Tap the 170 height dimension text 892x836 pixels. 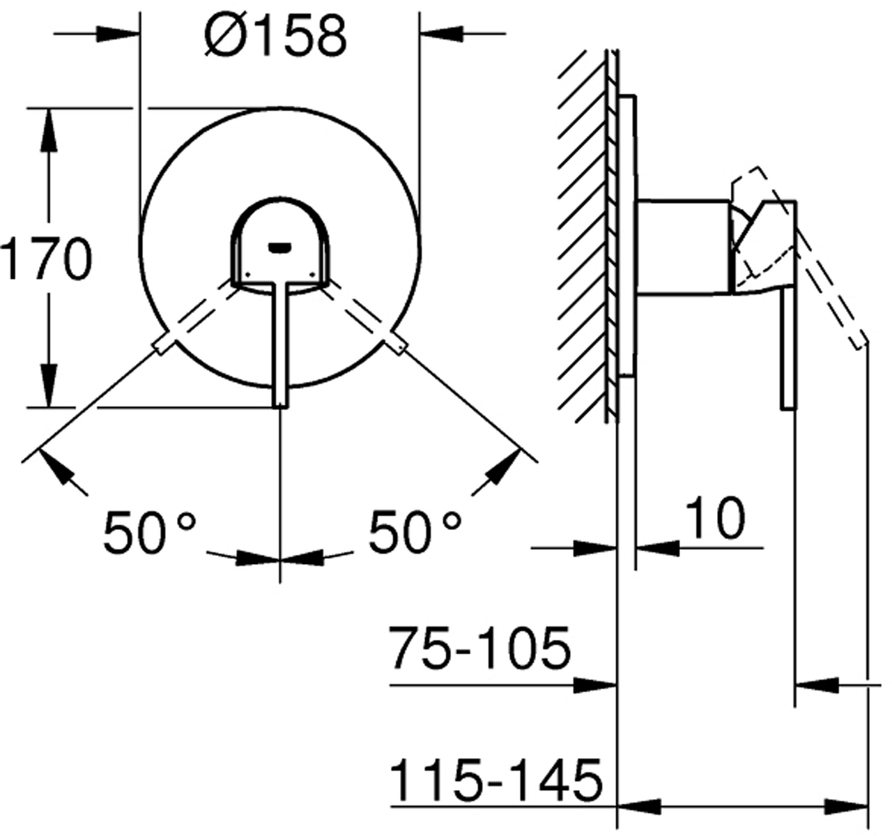pos(46,259)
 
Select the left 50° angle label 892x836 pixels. pos(150,531)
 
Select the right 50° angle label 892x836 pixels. pos(415,531)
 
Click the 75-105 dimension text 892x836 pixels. pos(479,648)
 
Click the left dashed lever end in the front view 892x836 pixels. pos(162,344)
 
